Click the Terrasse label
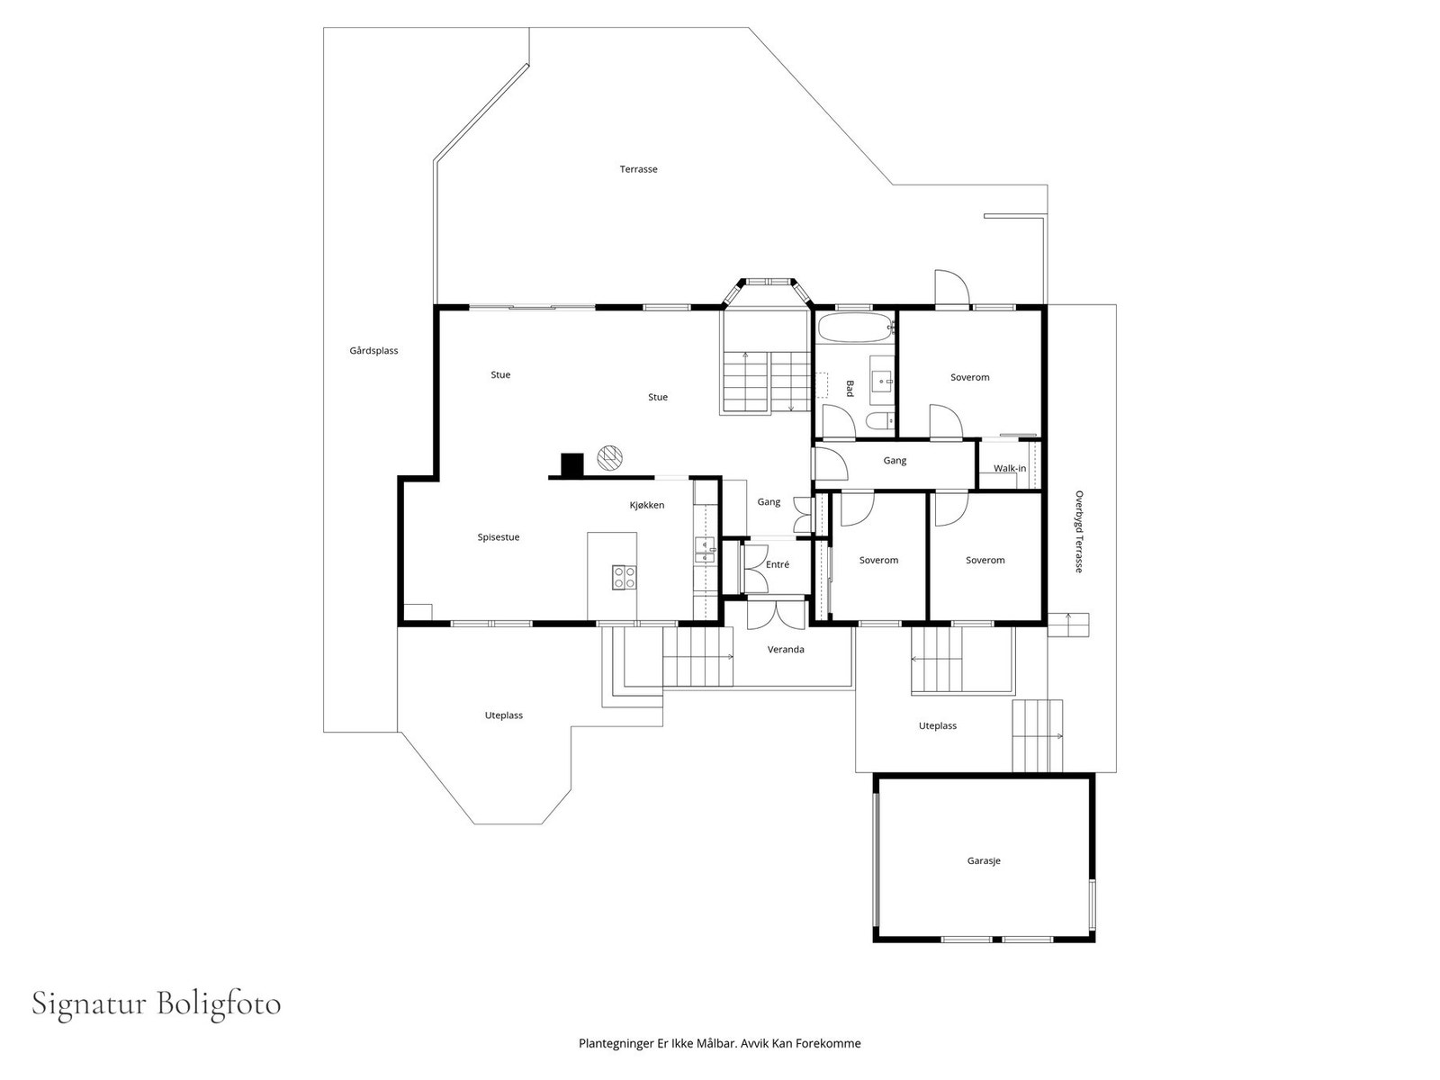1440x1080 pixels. (638, 169)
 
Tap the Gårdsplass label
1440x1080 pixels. (373, 351)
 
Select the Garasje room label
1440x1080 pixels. (984, 861)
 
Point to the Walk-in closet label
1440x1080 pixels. (1010, 468)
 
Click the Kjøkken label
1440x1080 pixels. (647, 505)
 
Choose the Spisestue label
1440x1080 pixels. (498, 537)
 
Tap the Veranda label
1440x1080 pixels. (786, 649)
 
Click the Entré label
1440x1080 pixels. (778, 564)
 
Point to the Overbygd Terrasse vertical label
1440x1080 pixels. (1078, 532)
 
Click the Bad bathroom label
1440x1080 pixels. (850, 388)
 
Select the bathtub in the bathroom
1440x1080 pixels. (856, 328)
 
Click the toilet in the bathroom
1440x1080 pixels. (879, 420)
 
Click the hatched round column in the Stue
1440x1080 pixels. (609, 457)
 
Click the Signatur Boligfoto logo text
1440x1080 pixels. (156, 1004)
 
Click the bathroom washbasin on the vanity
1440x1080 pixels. (882, 380)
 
